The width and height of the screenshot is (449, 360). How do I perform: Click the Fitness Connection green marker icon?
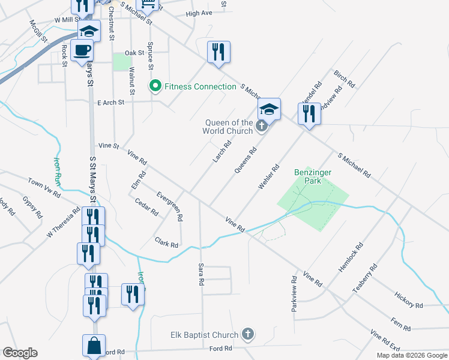[155, 87]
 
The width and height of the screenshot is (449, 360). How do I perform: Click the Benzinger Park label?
[313, 176]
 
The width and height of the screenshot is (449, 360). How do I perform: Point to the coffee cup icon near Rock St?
[82, 50]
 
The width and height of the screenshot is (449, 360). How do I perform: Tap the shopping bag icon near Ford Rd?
[94, 346]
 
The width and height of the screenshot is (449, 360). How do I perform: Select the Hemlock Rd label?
[351, 257]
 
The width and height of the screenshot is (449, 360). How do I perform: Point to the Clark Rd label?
[166, 242]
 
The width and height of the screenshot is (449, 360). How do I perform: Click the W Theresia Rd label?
[63, 222]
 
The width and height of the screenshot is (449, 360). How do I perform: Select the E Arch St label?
[110, 103]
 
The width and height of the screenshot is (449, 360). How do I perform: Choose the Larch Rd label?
[221, 152]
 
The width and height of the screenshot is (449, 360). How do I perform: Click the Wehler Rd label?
[269, 178]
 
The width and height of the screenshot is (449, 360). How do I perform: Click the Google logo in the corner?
[20, 353]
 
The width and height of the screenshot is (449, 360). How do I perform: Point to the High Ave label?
[199, 13]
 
